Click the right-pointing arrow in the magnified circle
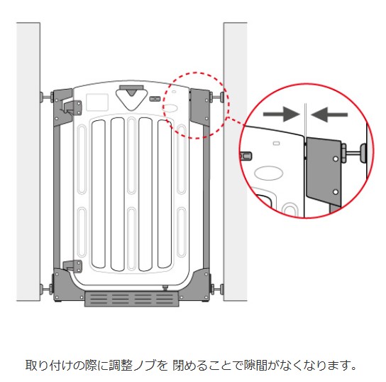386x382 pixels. click(281, 115)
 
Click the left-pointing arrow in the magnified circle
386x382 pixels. click(329, 115)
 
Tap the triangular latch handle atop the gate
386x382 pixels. click(131, 99)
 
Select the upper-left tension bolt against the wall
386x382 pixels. click(47, 96)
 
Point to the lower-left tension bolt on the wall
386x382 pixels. click(47, 288)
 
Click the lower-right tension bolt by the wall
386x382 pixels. click(216, 289)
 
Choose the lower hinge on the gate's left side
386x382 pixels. click(72, 267)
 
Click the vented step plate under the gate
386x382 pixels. click(132, 299)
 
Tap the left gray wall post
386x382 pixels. click(28, 161)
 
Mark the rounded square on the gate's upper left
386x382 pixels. click(97, 102)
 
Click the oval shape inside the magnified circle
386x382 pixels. click(269, 173)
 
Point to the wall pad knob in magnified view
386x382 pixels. click(363, 153)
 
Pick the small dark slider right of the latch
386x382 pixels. click(155, 99)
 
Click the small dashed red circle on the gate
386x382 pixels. click(196, 105)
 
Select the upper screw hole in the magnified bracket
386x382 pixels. click(336, 159)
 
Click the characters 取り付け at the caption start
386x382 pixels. click(49, 366)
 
